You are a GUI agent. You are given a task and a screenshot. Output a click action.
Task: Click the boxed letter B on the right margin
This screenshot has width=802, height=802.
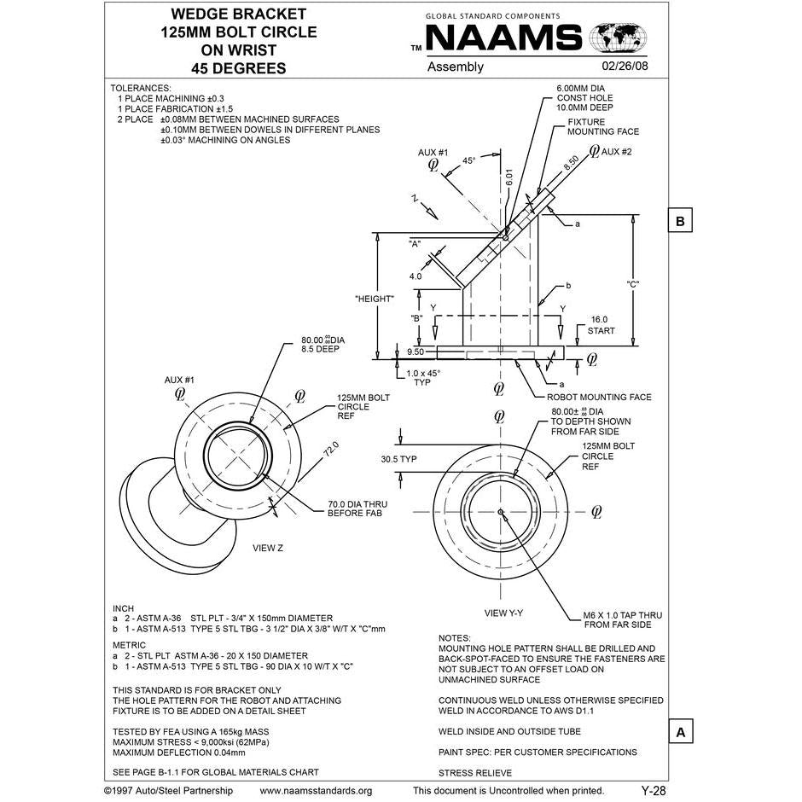680,220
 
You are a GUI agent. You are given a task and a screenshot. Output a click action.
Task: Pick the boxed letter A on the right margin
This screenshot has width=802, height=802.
680,732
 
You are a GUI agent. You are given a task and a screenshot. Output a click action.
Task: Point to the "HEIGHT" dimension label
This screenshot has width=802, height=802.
374,299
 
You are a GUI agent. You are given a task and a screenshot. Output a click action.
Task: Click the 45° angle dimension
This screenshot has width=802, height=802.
468,160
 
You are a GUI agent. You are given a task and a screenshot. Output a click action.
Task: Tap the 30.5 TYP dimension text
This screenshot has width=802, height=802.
398,458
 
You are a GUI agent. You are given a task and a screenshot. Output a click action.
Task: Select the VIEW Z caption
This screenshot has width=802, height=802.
264,548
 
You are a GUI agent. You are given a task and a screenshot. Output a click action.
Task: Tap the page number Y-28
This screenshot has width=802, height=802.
653,791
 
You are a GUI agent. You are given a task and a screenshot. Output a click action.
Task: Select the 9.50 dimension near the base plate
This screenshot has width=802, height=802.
416,351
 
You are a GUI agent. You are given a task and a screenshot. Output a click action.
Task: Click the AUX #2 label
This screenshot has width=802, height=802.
616,152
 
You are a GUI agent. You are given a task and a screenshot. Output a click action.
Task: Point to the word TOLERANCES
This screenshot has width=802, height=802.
142,88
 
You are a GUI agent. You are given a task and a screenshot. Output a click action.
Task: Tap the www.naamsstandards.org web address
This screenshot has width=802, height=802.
316,791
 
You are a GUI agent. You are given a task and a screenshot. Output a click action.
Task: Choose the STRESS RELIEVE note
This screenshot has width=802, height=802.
475,773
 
